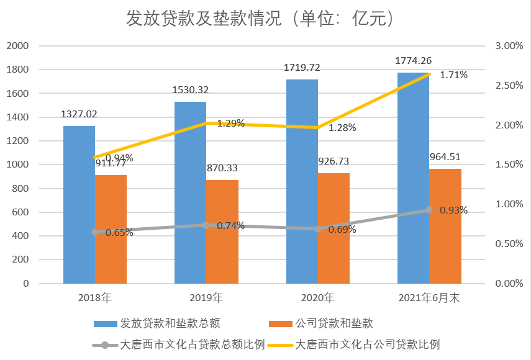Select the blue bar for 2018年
coord(79,205)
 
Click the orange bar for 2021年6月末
coord(445,226)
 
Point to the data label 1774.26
coord(414,61)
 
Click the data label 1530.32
coord(190,90)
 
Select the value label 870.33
coord(222,168)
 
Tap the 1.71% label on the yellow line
coord(453,75)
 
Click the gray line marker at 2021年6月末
coord(429,210)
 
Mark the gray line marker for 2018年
coord(95,232)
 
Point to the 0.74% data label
coord(230,226)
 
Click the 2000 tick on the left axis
coord(17,46)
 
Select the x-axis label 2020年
coord(317,298)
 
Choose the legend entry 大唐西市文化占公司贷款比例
coord(367,344)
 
